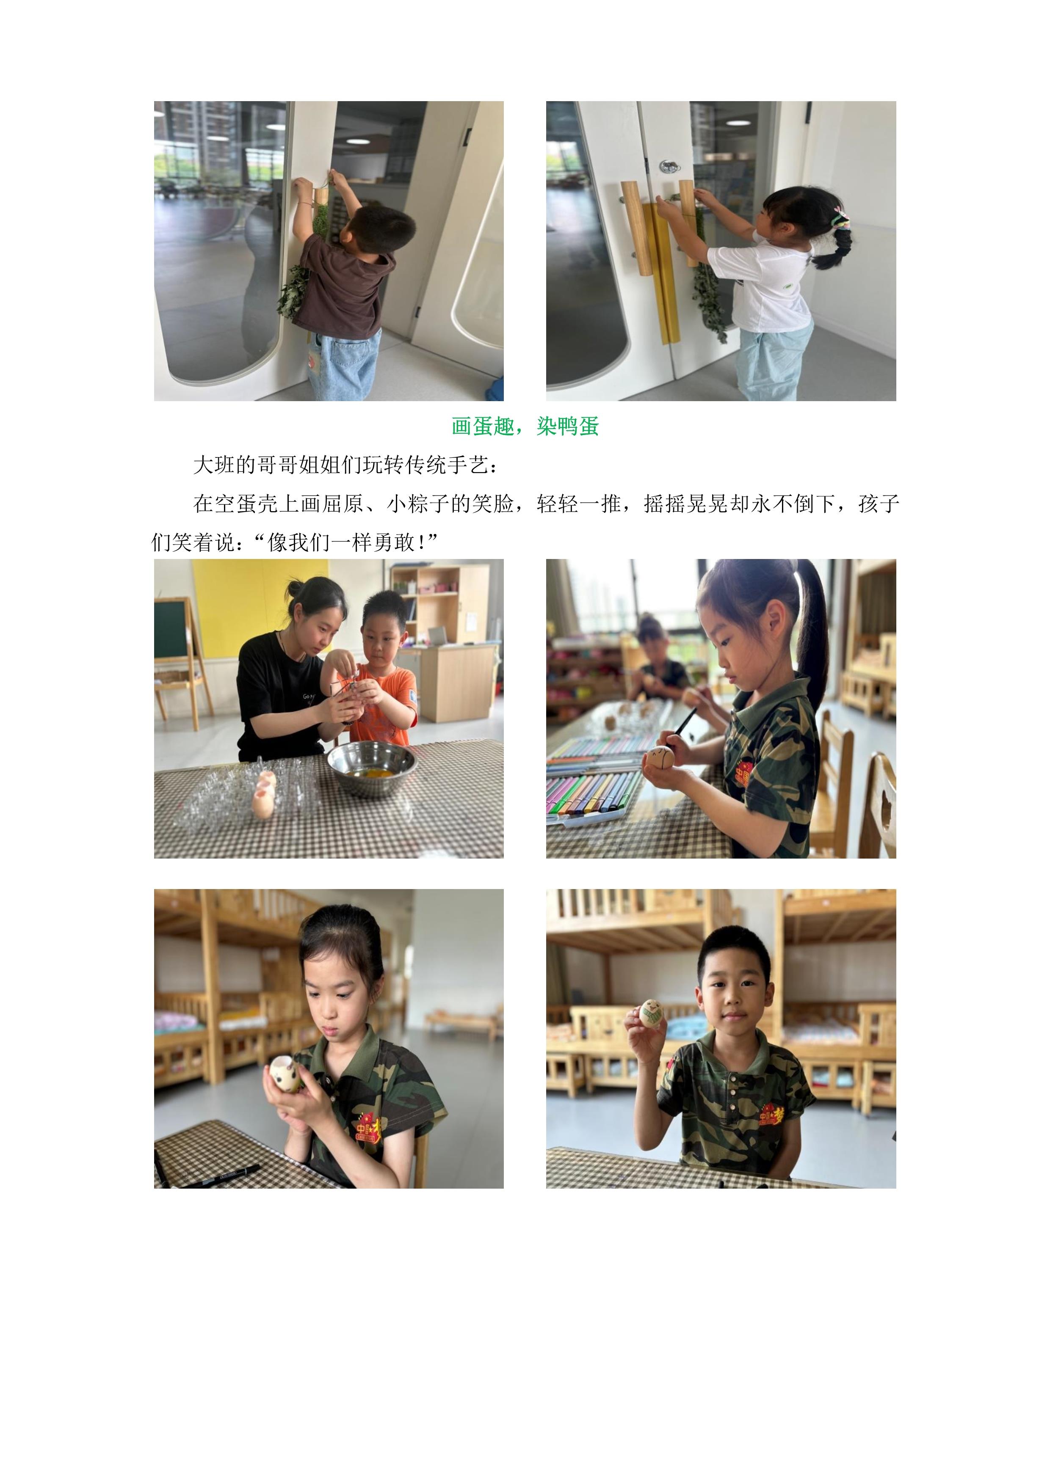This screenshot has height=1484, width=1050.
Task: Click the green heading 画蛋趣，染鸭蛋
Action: pos(525,427)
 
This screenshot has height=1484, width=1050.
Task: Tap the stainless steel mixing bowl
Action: pos(371,768)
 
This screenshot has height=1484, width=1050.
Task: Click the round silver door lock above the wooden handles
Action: pos(669,167)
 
